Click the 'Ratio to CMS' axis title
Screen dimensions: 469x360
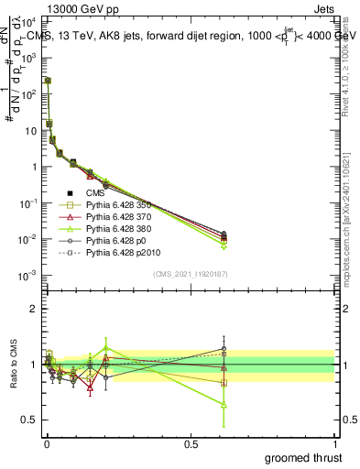(13, 364)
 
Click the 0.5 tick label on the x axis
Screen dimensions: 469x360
(190, 442)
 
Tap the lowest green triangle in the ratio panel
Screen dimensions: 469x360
(224, 404)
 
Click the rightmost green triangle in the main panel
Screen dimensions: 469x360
(224, 246)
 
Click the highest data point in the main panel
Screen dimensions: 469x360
(48, 81)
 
